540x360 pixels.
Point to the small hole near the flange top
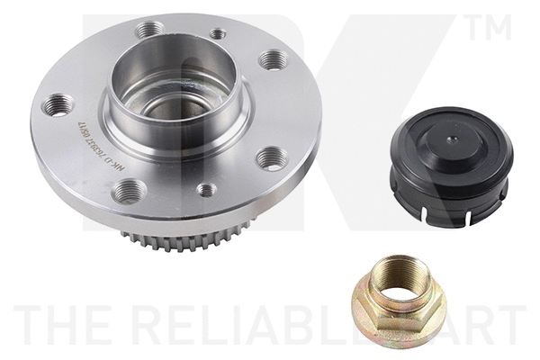tap(218, 34)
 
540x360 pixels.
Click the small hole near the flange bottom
tap(206, 189)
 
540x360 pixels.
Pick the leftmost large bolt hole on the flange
tap(58, 105)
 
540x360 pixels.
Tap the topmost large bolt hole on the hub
tap(148, 30)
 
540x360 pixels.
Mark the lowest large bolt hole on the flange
tap(130, 190)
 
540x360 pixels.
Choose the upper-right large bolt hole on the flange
tap(272, 60)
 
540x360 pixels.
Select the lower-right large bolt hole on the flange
tap(272, 158)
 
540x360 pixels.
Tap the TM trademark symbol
tap(489, 29)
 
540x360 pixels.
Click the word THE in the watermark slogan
tap(55, 324)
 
